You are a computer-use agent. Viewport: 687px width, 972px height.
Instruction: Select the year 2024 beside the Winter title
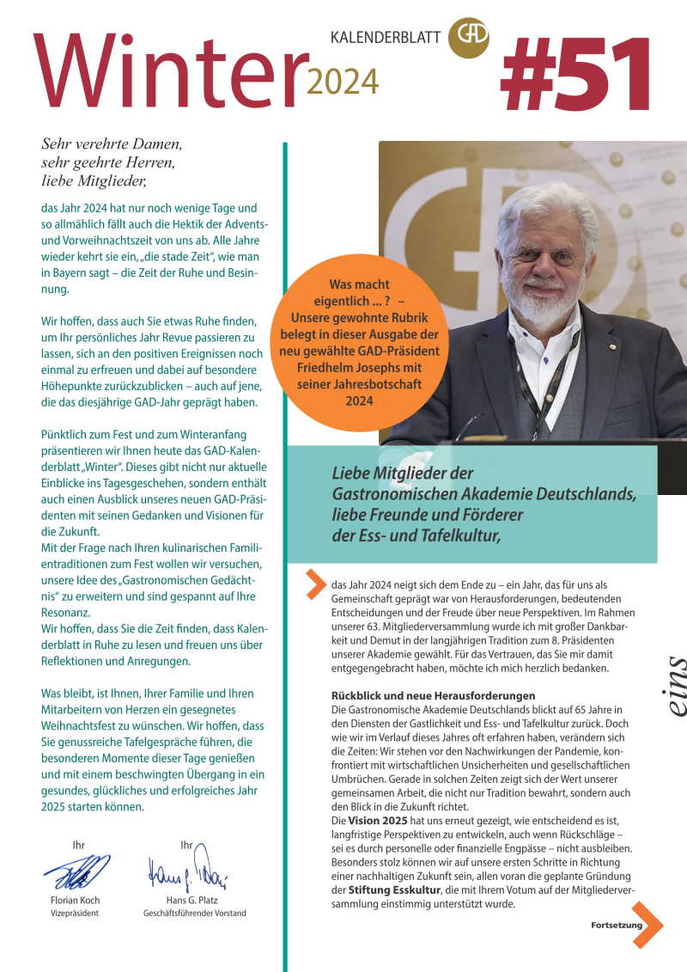(x=343, y=82)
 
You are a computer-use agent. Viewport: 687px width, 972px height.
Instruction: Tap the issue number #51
(x=576, y=75)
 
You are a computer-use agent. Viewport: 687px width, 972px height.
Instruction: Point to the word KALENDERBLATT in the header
(x=386, y=37)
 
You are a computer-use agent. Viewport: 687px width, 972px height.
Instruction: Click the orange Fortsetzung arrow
(x=647, y=925)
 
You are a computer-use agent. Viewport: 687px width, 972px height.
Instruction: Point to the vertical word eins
(x=675, y=687)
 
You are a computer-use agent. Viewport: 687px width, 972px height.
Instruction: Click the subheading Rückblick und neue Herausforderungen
(x=433, y=694)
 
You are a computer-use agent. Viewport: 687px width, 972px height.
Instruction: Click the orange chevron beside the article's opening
(x=316, y=584)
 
